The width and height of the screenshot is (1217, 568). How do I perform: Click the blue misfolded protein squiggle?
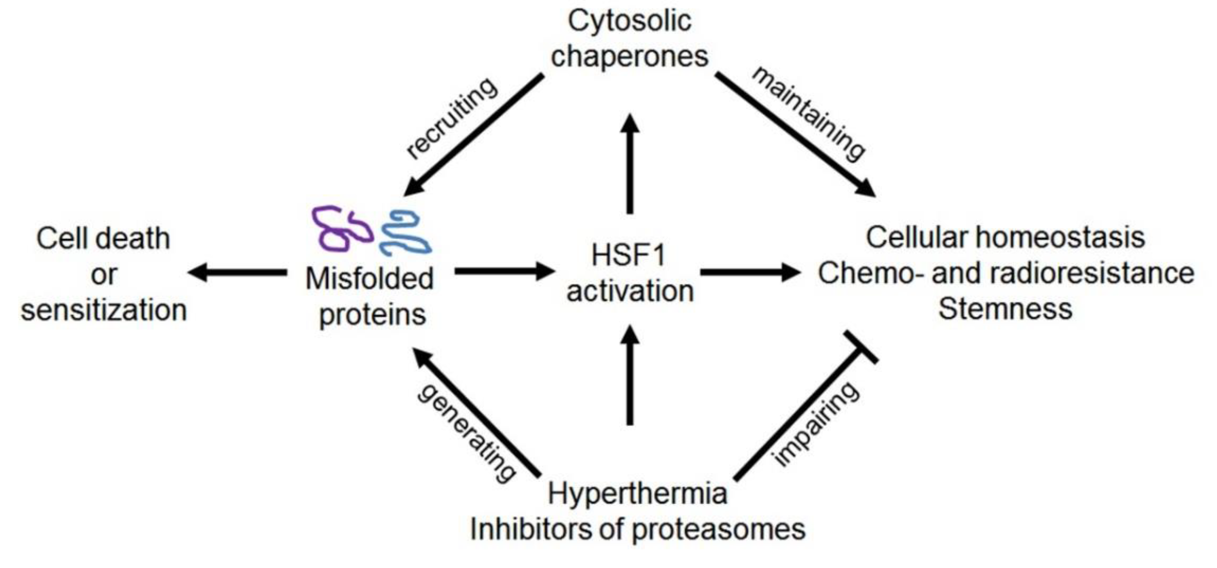[405, 233]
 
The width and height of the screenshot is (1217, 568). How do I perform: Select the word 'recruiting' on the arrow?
[452, 118]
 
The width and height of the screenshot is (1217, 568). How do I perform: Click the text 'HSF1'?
[628, 255]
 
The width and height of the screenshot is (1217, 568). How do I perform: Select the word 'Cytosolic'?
[629, 21]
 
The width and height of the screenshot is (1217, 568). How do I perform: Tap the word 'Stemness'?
[1005, 310]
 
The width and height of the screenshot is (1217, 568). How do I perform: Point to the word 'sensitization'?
[104, 310]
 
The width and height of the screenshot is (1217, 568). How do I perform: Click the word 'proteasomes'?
[718, 530]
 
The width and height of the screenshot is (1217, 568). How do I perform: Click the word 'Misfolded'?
[369, 278]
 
